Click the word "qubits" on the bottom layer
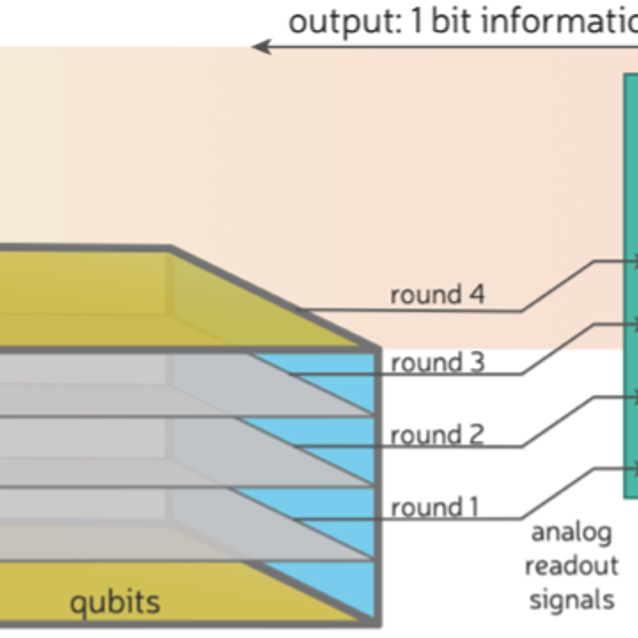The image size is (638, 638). pyautogui.click(x=115, y=602)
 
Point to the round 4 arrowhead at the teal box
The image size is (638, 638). pyautogui.click(x=633, y=261)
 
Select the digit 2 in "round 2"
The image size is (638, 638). pyautogui.click(x=477, y=434)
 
